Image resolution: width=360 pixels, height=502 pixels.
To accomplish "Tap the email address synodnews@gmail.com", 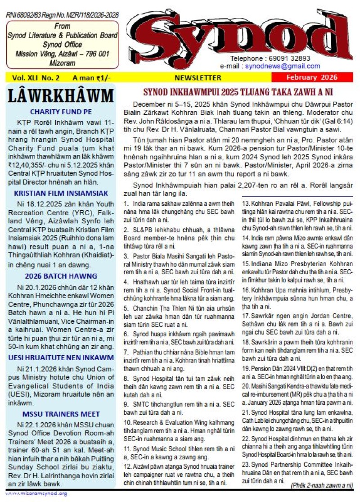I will click(x=282, y=66).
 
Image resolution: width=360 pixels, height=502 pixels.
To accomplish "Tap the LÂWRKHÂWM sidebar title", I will click(x=60, y=96).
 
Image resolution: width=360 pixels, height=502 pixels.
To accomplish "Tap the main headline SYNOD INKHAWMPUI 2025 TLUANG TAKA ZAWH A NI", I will click(x=238, y=92).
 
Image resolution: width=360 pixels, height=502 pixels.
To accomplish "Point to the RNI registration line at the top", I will click(x=63, y=15).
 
